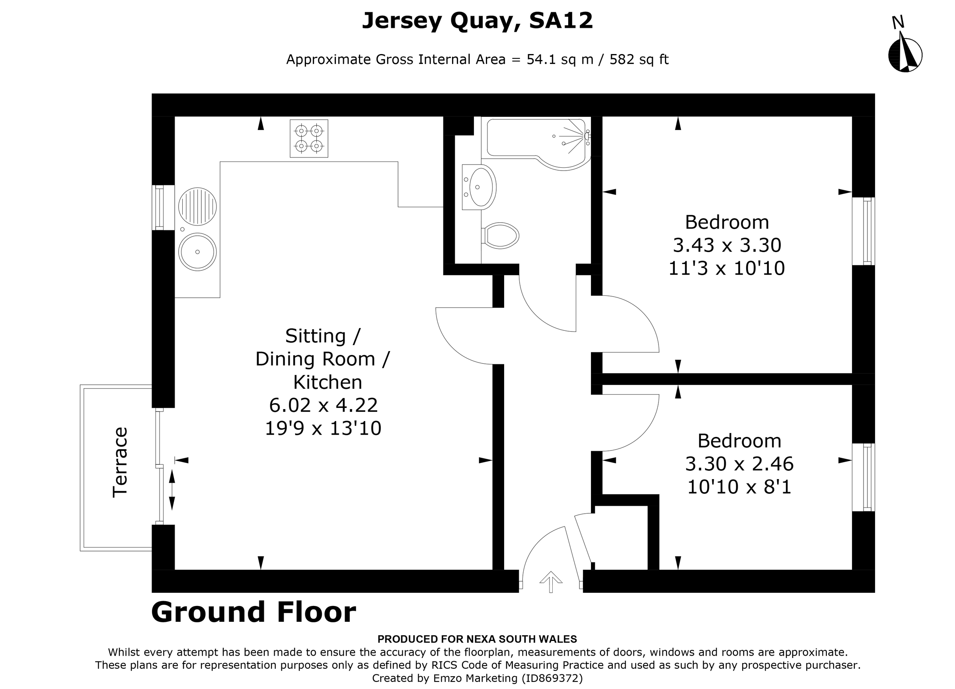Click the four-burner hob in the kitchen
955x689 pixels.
[x=309, y=138]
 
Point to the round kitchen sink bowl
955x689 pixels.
[x=197, y=252]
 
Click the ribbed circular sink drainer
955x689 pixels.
[x=197, y=206]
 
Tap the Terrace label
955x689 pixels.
[x=120, y=462]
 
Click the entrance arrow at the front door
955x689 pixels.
[x=551, y=582]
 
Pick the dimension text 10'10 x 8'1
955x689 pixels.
[x=739, y=487]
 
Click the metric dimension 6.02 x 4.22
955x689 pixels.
[x=324, y=406]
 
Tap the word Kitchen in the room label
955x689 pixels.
[x=327, y=382]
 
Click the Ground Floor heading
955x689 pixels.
[x=253, y=612]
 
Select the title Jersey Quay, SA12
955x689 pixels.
[x=477, y=21]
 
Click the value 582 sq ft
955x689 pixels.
[x=639, y=60]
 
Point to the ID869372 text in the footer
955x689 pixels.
[x=552, y=678]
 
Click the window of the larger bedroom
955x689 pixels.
[x=863, y=231]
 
